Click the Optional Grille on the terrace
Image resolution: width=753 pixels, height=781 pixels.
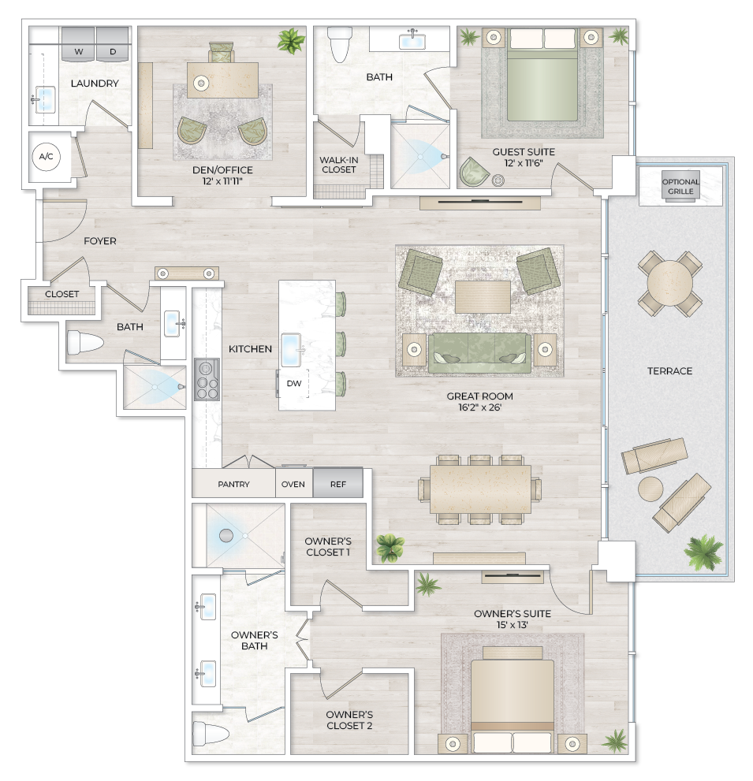click(680, 187)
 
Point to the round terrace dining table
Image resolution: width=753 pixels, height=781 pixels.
click(669, 282)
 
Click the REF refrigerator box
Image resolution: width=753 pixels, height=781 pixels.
click(338, 484)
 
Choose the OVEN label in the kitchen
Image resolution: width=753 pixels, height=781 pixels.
click(293, 484)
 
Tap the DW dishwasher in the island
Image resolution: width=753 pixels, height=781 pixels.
click(293, 384)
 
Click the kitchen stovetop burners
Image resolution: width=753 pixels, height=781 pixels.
click(207, 380)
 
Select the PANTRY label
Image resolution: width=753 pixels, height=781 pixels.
click(233, 484)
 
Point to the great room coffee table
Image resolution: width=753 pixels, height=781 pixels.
click(482, 297)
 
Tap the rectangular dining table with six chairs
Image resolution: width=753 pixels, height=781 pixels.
click(480, 489)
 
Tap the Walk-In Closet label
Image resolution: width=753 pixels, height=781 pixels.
click(338, 164)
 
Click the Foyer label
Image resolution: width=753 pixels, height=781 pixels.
click(100, 241)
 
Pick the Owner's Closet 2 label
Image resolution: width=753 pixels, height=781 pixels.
click(349, 720)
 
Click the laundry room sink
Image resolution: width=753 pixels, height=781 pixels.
click(46, 99)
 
